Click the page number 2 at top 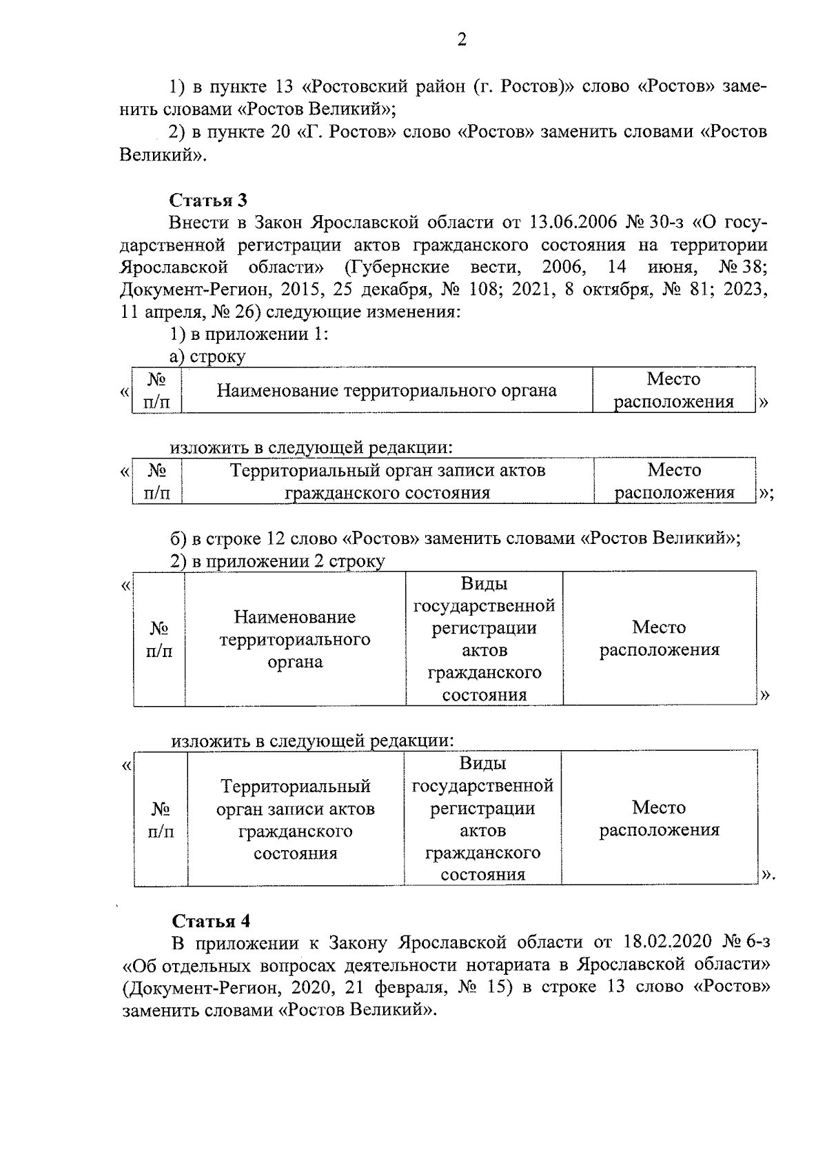tap(462, 40)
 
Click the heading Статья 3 tap(208, 200)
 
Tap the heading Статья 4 tap(211, 921)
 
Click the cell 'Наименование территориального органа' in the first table tap(387, 391)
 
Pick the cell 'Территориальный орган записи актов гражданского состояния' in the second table tap(387, 481)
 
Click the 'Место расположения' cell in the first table tap(673, 390)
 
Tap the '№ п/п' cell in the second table tap(157, 481)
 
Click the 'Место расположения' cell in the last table tap(659, 818)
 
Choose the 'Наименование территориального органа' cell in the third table tap(294, 639)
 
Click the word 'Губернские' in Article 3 tap(399, 268)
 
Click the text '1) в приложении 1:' tap(249, 334)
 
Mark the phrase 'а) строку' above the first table tap(207, 356)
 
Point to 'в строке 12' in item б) tap(238, 538)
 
